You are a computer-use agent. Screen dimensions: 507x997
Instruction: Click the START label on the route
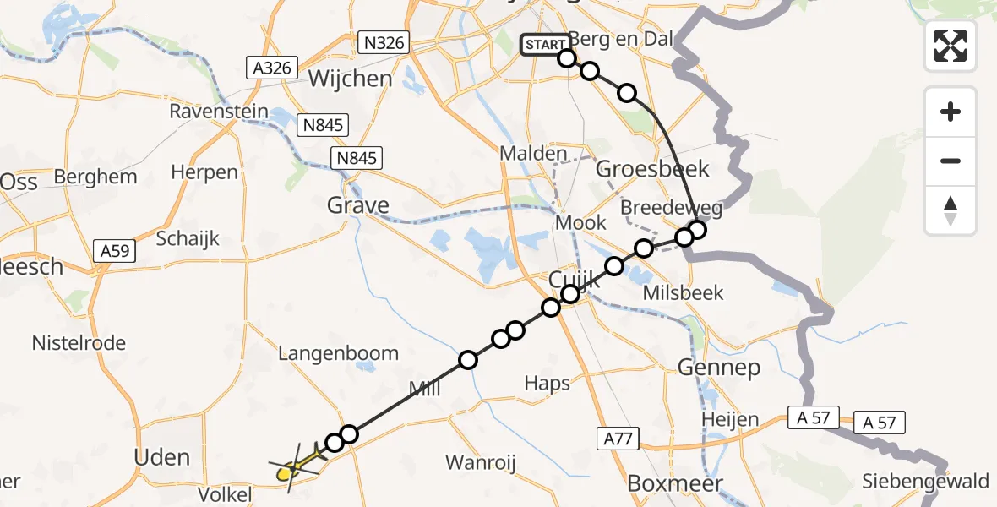coord(545,45)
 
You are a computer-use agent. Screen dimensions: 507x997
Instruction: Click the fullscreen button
coord(951,45)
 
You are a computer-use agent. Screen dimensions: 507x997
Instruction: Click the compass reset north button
coord(951,210)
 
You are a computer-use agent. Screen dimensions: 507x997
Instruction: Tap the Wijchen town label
coord(351,79)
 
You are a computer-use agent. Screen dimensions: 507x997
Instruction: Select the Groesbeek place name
coord(653,169)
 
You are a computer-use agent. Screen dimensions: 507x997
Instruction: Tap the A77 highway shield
coord(619,439)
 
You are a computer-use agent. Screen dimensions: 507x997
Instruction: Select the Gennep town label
coord(719,368)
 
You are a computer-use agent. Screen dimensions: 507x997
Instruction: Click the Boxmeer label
coord(675,484)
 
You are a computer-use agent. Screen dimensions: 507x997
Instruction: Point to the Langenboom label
coord(338,353)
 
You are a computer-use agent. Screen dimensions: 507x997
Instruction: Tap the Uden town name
coord(162,457)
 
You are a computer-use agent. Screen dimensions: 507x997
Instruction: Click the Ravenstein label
coord(219,112)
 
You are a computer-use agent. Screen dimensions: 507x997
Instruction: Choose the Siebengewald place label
coord(925,482)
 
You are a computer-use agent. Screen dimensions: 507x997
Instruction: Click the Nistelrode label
coord(79,343)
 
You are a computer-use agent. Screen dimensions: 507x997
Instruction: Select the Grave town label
coord(358,205)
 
